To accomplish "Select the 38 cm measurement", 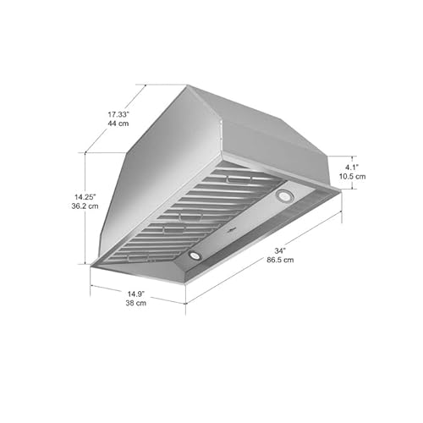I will (135, 303).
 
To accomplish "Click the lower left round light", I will (195, 254).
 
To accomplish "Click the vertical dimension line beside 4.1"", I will (343, 173).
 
